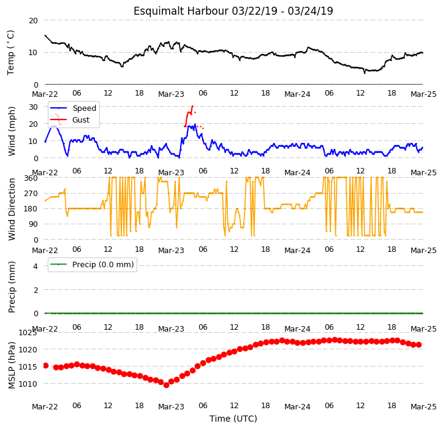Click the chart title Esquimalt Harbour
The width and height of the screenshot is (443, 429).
[x=181, y=11]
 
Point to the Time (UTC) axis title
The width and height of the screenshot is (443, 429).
[x=233, y=419]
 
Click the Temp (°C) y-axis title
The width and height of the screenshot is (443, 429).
[x=11, y=53]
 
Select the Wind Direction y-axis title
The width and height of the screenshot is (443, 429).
[x=11, y=209]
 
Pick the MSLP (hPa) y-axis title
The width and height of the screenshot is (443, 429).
[x=11, y=365]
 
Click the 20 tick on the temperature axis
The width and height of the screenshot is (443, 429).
[x=33, y=21]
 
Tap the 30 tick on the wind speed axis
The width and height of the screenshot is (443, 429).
[x=33, y=107]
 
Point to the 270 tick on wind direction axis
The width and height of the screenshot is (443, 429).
[x=31, y=194]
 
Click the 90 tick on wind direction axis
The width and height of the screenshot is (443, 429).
[x=33, y=224]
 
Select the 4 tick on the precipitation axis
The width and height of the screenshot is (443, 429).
[x=36, y=266]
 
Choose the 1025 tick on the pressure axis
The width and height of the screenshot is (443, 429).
[x=28, y=333]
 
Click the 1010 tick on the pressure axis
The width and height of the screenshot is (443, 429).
[x=28, y=384]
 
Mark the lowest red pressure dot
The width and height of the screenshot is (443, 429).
[x=166, y=385]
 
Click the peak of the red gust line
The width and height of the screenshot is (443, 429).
[x=192, y=106]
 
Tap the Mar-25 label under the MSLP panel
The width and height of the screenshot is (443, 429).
[x=423, y=407]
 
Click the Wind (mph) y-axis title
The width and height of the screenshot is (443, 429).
[x=11, y=131]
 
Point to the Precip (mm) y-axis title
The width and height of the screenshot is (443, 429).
[x=11, y=287]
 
